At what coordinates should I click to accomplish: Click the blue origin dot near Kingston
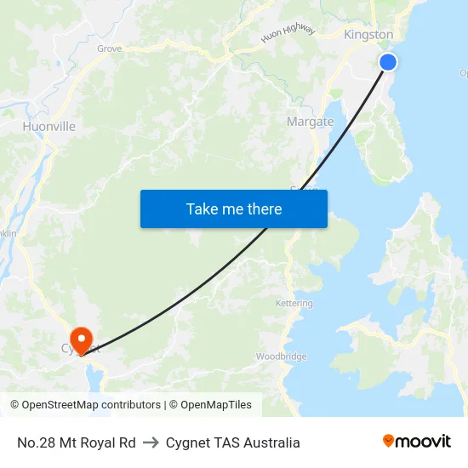point(387,61)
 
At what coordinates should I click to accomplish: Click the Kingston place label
point(368,35)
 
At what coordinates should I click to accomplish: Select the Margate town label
point(310,122)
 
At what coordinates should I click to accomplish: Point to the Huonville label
point(49,127)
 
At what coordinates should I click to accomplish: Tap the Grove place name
point(109,49)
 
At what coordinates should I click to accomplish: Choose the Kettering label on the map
point(294,303)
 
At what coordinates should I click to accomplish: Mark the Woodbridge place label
point(281,357)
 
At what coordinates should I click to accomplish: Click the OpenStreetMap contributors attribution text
point(91,405)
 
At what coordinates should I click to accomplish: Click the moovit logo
point(417,442)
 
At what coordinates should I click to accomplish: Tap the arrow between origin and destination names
point(151,442)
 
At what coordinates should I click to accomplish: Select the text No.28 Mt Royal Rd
point(77,442)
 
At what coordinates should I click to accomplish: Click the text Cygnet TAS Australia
point(232,442)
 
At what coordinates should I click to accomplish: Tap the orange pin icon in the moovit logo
point(389,441)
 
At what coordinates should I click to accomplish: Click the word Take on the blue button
point(203,208)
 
